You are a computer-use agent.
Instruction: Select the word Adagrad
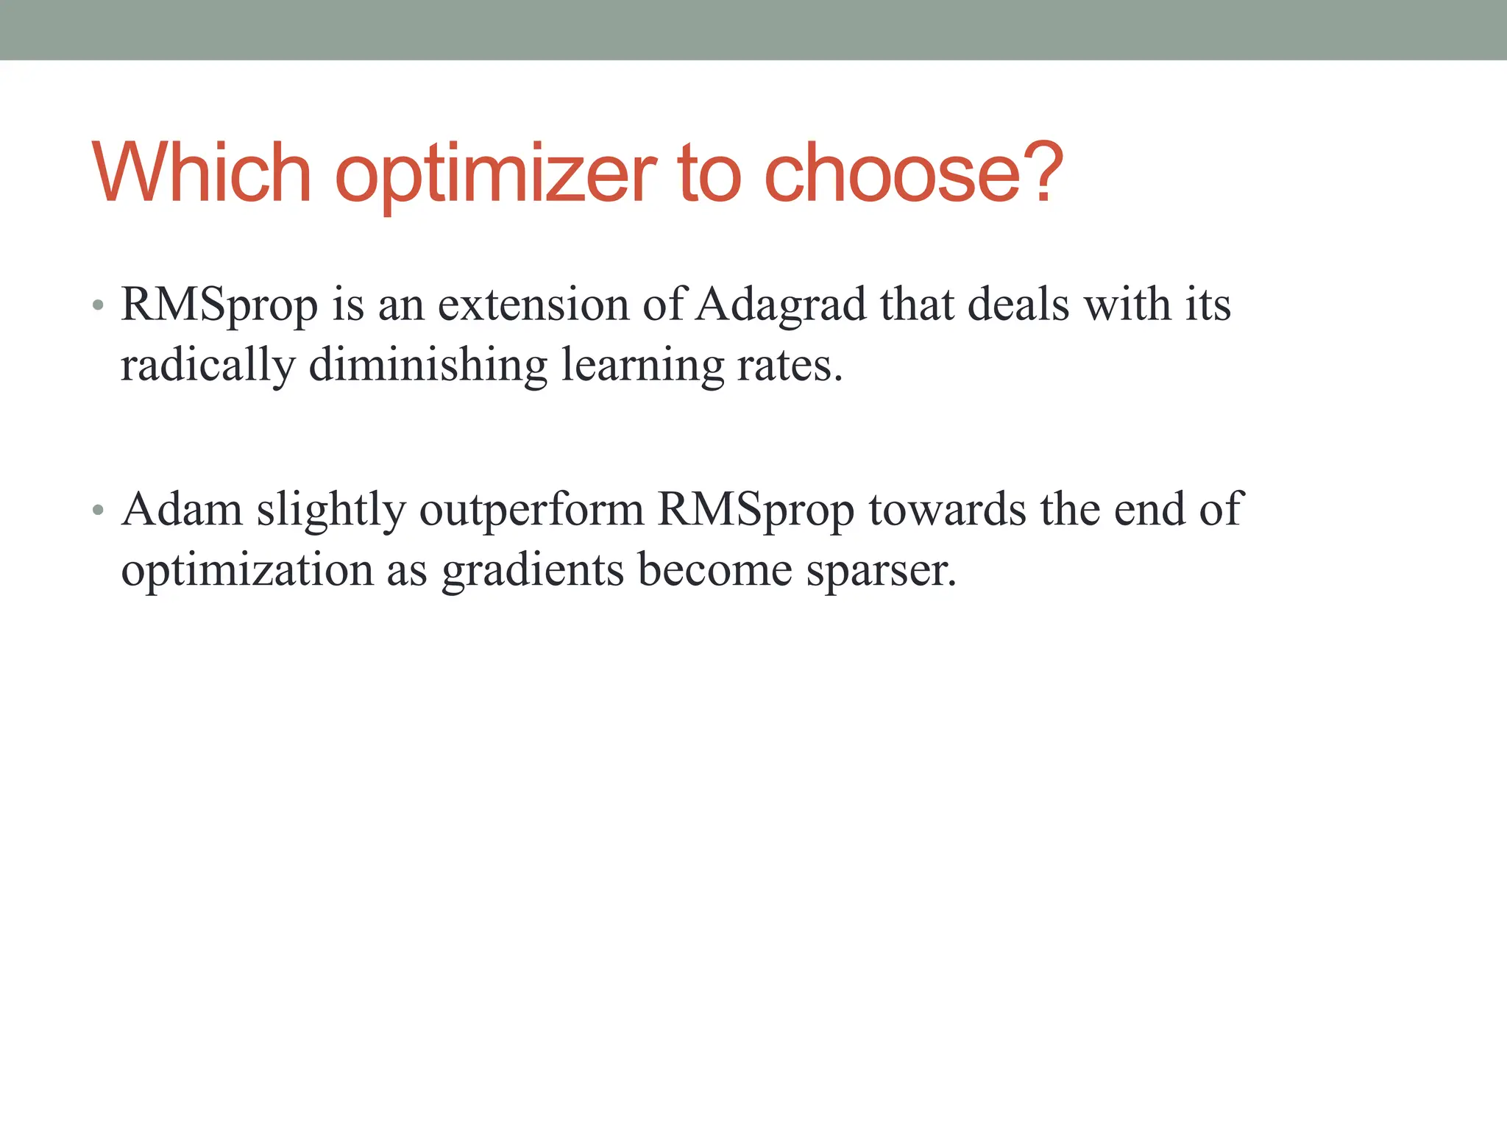pos(781,305)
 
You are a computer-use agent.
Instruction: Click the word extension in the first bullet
pos(533,304)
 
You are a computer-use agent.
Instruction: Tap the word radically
pos(208,366)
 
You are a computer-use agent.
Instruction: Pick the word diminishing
pos(428,366)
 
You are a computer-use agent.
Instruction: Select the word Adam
pos(182,509)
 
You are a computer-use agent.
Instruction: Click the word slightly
pos(330,511)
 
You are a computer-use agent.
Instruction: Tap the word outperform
pos(531,511)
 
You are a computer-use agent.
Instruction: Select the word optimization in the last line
pos(247,571)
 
